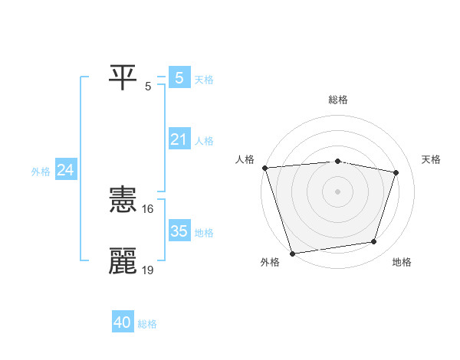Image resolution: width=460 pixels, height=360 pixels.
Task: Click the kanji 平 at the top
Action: click(x=123, y=76)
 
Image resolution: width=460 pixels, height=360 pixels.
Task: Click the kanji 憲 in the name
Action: click(x=123, y=201)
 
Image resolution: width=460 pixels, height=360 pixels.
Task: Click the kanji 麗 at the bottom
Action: click(x=123, y=260)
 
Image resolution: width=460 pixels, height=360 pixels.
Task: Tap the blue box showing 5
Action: click(x=179, y=77)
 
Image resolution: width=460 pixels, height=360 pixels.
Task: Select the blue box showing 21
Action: click(x=179, y=139)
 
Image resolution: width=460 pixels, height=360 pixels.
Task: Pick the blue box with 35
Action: click(x=179, y=231)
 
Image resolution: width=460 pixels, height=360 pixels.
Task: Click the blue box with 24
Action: click(x=66, y=170)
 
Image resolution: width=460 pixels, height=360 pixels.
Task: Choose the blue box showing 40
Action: click(x=123, y=322)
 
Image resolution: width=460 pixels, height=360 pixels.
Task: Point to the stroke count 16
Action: click(x=149, y=208)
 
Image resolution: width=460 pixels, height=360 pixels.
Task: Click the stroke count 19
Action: click(x=149, y=269)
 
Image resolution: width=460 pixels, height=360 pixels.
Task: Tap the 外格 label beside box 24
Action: click(x=41, y=172)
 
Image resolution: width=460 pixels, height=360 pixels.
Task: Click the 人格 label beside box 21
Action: click(x=204, y=141)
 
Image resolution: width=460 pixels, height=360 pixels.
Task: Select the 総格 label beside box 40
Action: click(x=147, y=324)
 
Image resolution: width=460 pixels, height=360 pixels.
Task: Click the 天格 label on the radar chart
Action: click(x=432, y=159)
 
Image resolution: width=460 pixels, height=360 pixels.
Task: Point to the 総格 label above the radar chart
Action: click(x=338, y=100)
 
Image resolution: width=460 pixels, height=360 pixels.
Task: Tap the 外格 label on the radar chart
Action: click(x=270, y=263)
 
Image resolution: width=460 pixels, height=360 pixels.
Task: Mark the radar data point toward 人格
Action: click(x=264, y=168)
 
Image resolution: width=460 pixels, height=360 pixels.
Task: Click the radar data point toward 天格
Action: click(x=396, y=172)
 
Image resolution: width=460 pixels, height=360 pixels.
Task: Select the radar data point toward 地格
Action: click(x=373, y=242)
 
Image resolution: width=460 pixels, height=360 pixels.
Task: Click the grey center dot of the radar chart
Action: click(x=337, y=191)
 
